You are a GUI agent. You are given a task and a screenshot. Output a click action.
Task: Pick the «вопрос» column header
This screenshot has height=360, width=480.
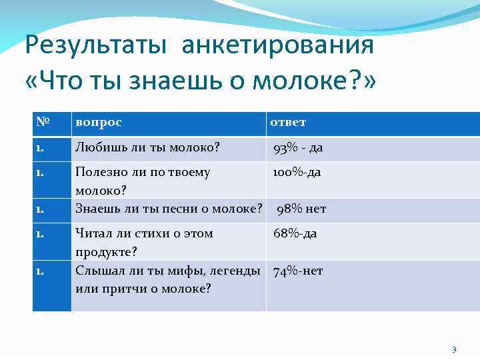[99, 123]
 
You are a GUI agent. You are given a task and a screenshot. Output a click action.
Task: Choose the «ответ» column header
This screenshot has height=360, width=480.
[288, 123]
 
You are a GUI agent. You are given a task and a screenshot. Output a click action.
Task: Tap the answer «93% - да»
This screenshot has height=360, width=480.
[298, 148]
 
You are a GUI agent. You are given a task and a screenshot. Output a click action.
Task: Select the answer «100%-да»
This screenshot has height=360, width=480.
[296, 172]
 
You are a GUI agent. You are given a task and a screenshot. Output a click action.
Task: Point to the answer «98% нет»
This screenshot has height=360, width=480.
[301, 209]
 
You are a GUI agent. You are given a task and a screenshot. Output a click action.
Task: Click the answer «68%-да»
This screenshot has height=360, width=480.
[295, 233]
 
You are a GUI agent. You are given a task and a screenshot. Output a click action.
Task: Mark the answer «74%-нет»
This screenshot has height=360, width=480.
[298, 271]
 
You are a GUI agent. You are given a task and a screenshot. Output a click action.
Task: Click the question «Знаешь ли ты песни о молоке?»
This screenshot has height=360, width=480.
[168, 209]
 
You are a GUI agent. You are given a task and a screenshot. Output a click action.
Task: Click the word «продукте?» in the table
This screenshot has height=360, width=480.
[106, 251]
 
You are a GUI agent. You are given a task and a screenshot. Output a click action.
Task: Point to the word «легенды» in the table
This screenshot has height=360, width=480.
[235, 271]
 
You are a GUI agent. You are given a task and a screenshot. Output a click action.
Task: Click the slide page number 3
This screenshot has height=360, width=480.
[454, 349]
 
